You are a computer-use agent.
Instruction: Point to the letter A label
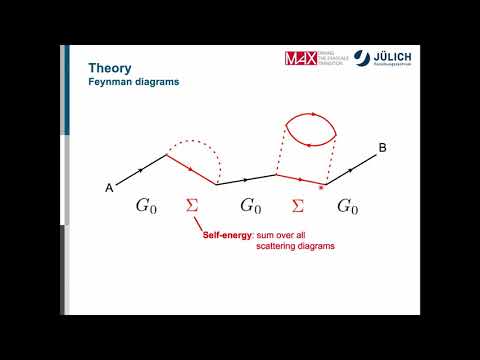click(109, 187)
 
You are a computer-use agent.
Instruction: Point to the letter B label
click(383, 149)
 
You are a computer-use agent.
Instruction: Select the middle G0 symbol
click(250, 207)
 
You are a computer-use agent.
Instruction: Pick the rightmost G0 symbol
click(347, 207)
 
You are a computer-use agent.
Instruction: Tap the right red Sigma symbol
click(297, 207)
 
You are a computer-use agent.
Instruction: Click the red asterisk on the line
click(320, 187)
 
